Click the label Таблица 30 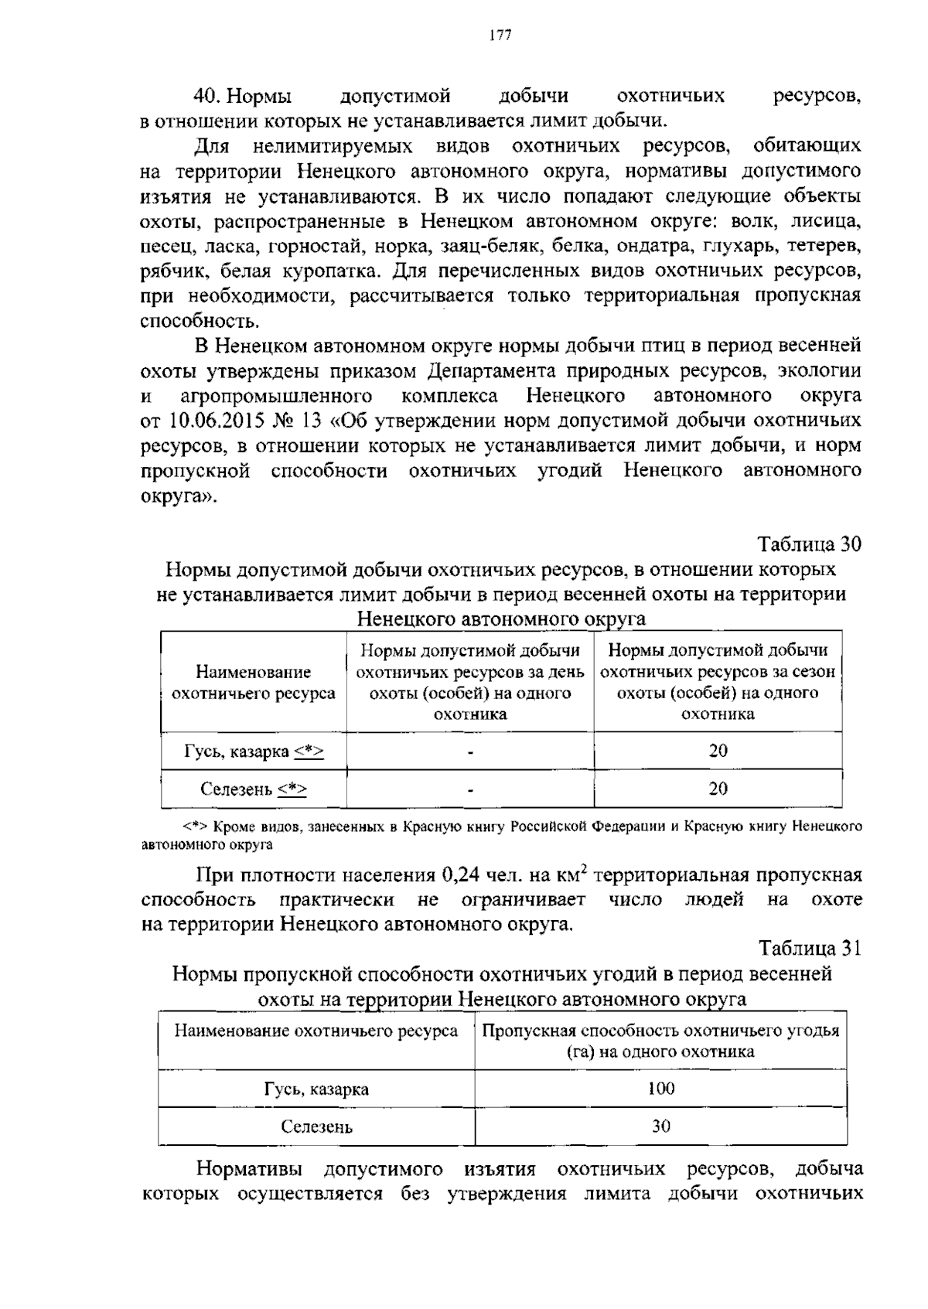(x=809, y=544)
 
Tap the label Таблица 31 (x=809, y=948)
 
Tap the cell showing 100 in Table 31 (x=660, y=1089)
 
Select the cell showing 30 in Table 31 (x=660, y=1127)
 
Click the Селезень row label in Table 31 (x=316, y=1127)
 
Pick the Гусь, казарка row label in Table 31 (x=316, y=1089)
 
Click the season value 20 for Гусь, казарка (x=718, y=751)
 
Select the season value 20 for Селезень (x=718, y=789)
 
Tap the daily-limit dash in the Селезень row (x=470, y=789)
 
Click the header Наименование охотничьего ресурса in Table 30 (x=254, y=683)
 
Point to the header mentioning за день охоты (x=470, y=682)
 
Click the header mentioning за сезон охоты (x=718, y=682)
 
